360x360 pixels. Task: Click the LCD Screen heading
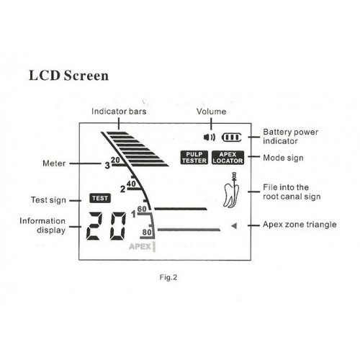click(68, 76)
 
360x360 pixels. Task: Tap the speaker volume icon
click(210, 138)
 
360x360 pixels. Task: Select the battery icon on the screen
click(231, 138)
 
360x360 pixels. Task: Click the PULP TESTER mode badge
click(194, 158)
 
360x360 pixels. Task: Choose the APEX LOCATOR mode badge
click(228, 158)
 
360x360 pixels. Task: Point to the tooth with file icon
click(232, 190)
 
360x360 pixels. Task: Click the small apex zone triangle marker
click(234, 226)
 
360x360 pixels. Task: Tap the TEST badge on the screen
click(100, 198)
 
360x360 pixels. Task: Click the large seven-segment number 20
click(106, 226)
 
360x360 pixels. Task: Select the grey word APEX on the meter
click(140, 246)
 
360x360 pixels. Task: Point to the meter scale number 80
click(147, 233)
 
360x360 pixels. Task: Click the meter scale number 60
click(142, 209)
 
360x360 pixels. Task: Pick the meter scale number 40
click(131, 184)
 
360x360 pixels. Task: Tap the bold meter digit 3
click(107, 166)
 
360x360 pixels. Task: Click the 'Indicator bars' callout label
click(119, 112)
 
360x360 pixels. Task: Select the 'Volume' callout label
click(211, 112)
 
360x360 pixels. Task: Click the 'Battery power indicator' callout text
click(291, 136)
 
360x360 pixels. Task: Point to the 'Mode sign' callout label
click(283, 158)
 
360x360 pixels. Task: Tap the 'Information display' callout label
click(42, 225)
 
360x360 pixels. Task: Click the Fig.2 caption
click(168, 277)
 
